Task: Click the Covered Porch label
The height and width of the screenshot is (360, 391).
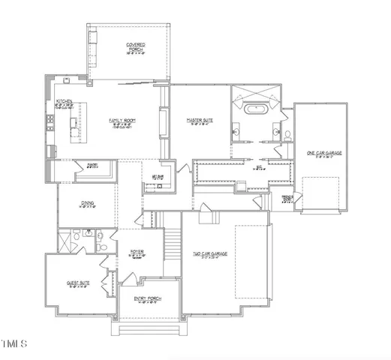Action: [136, 48]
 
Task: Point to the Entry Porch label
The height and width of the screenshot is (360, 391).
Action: [148, 298]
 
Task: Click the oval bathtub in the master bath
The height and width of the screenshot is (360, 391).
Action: [257, 110]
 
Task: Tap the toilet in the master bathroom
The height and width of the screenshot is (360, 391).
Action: [288, 136]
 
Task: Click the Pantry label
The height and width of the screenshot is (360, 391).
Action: [92, 165]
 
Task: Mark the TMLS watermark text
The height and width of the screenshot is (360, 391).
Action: [15, 344]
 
